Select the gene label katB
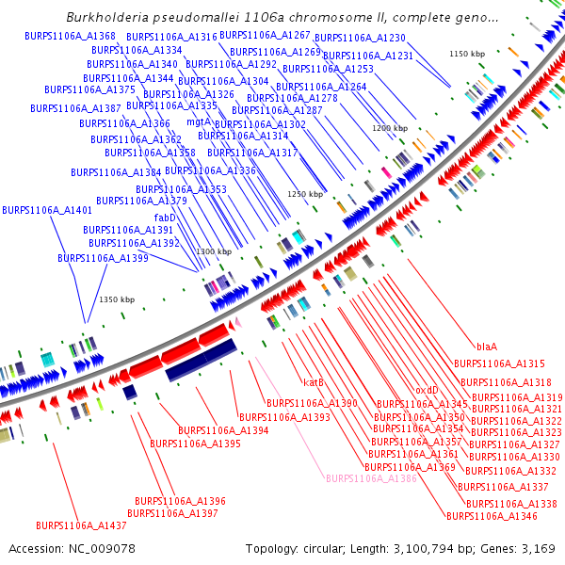pos(313,382)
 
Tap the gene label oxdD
pos(427,390)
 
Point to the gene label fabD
pos(165,218)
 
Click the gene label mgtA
pos(198,122)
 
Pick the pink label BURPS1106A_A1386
pos(370,479)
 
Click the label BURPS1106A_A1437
pos(81,525)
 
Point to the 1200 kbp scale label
pos(390,128)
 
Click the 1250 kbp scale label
pos(305,194)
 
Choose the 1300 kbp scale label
pos(214,252)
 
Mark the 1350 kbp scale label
pos(117,299)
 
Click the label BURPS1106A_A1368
pos(71,36)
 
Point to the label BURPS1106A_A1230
pos(360,38)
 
